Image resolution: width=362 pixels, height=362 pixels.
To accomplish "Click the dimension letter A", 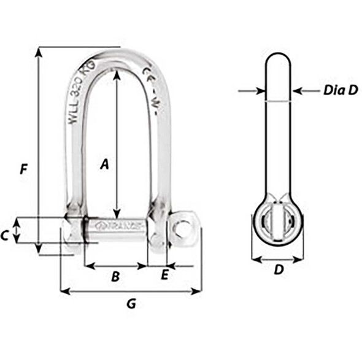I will pyautogui.click(x=105, y=164).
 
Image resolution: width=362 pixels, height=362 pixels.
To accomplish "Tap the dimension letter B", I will pyautogui.click(x=115, y=277).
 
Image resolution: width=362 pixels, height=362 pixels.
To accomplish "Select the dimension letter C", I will pyautogui.click(x=5, y=234).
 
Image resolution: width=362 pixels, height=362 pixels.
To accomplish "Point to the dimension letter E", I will pyautogui.click(x=164, y=275).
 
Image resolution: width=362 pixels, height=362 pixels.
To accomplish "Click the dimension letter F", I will pyautogui.click(x=23, y=169).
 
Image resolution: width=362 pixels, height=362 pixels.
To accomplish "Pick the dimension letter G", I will pyautogui.click(x=131, y=303).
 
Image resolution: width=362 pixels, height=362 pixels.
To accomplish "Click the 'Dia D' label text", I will pyautogui.click(x=340, y=91).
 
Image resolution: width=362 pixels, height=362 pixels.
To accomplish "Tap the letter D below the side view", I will pyautogui.click(x=278, y=269).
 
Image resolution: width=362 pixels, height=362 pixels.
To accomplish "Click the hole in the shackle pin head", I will pyautogui.click(x=182, y=228).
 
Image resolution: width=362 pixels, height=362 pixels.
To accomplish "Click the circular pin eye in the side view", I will pyautogui.click(x=278, y=220).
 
